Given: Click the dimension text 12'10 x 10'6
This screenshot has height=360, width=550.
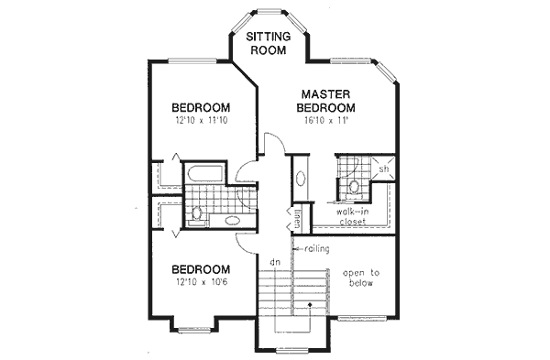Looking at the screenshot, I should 200,283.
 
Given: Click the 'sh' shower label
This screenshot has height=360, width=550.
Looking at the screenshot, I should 385,170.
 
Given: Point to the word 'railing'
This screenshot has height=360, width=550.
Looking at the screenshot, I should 313,248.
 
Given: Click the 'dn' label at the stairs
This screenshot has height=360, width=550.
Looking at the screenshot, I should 273,263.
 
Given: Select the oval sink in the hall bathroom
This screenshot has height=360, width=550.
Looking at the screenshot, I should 230,221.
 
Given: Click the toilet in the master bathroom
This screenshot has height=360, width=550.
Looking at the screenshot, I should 353,186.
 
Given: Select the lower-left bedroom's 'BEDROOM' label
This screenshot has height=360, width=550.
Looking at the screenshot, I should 200,269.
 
